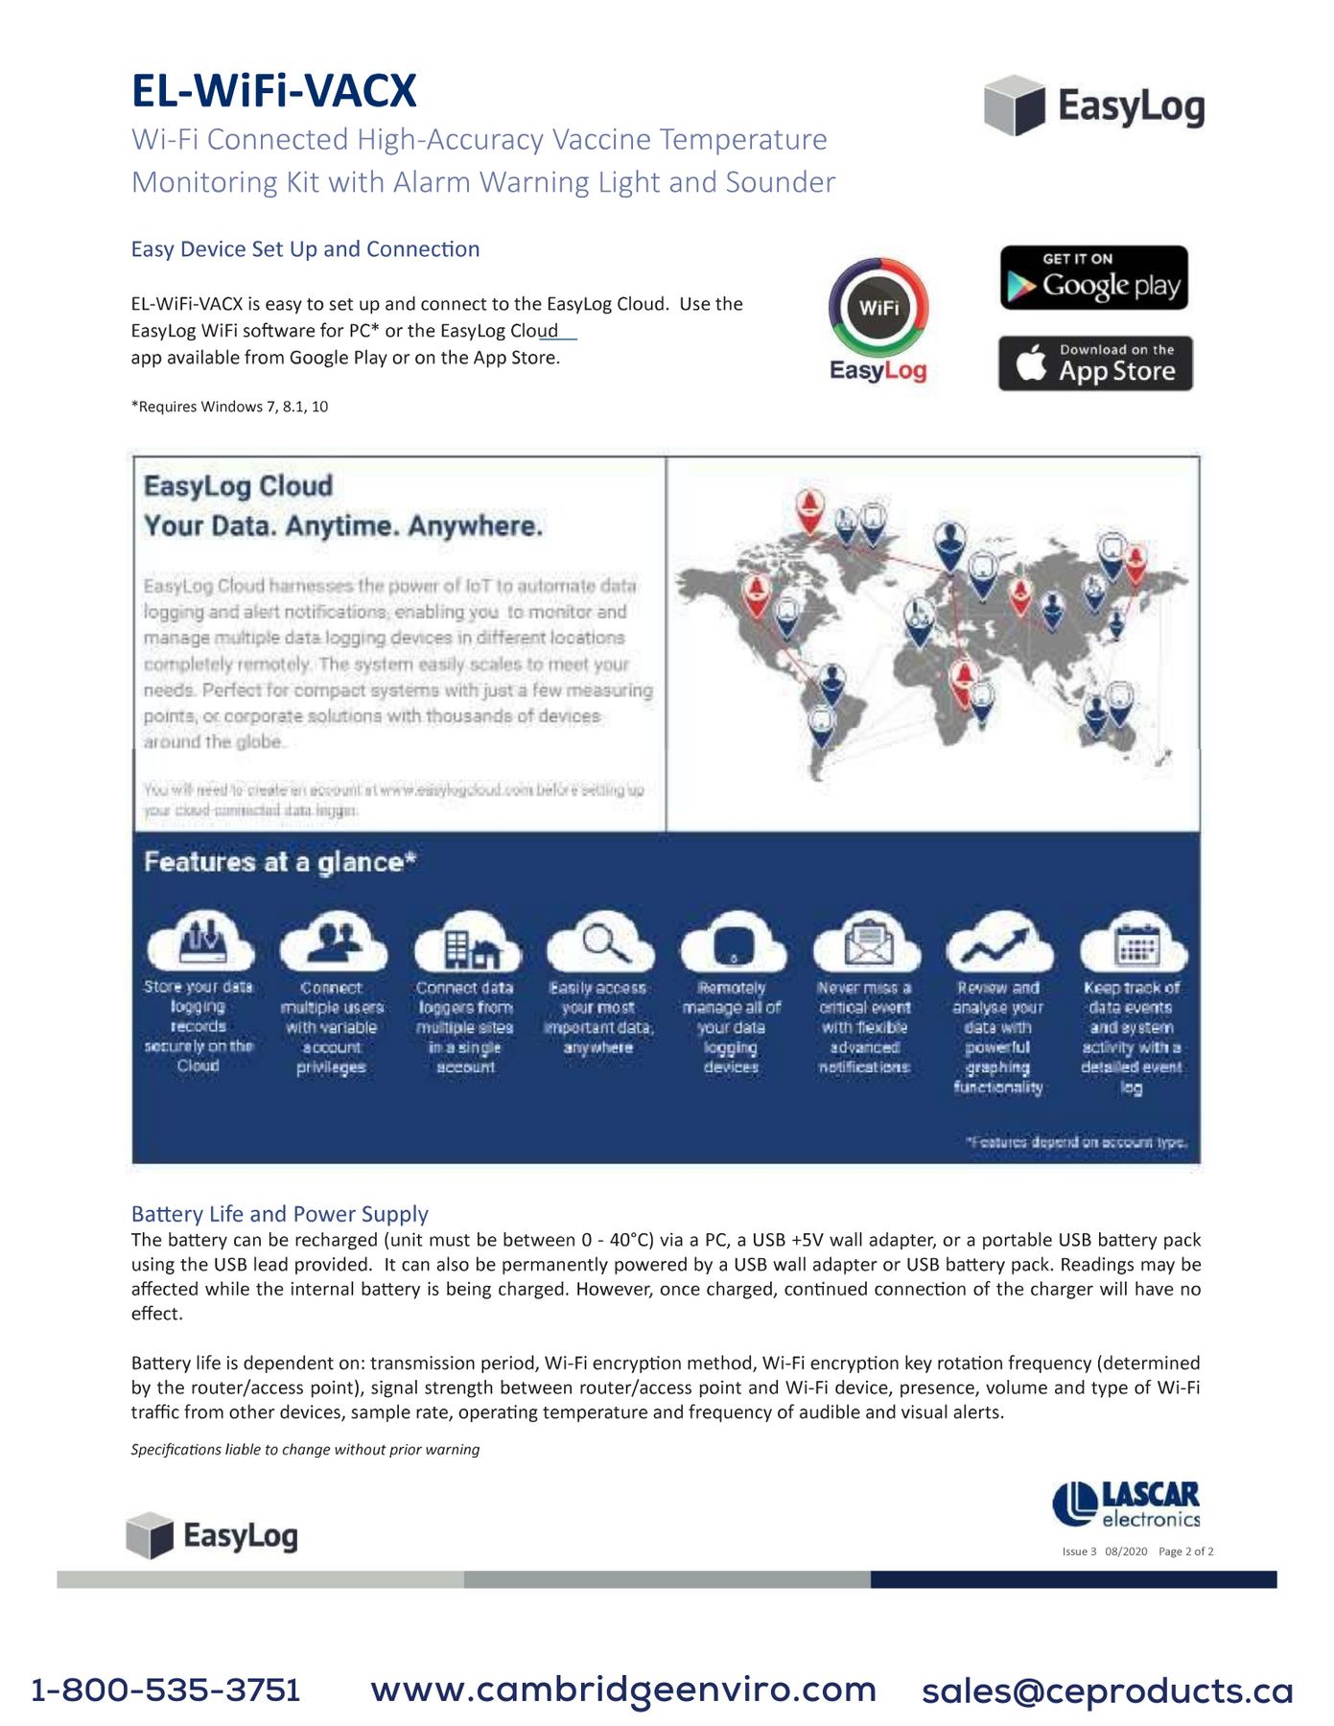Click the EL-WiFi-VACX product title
[x=274, y=92]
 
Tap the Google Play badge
[x=1093, y=278]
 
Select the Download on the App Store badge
[x=1095, y=363]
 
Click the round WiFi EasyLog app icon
[x=878, y=309]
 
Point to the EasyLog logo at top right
[x=1094, y=105]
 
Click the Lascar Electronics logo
[x=1126, y=1504]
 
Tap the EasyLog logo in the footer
[x=212, y=1535]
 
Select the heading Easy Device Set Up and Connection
[x=305, y=249]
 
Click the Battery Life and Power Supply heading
[x=279, y=1214]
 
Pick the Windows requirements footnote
[x=229, y=407]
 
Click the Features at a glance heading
[x=280, y=862]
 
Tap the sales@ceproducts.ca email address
[x=1107, y=1691]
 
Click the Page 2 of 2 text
[x=1185, y=1551]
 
